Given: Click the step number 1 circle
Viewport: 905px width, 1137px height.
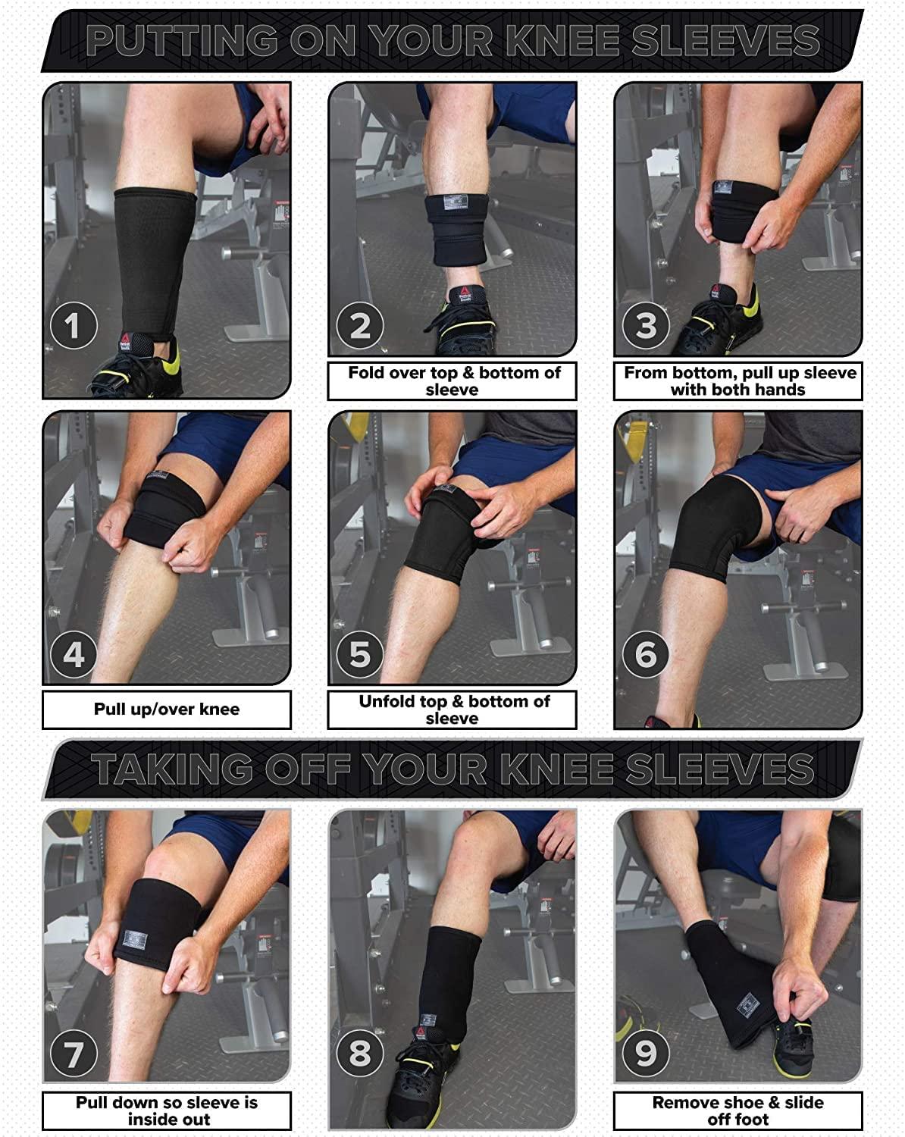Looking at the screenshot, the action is pyautogui.click(x=74, y=325).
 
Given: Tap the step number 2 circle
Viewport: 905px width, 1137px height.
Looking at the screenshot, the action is pyautogui.click(x=360, y=325).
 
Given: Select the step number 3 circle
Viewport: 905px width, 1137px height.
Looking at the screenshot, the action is pyautogui.click(x=646, y=325).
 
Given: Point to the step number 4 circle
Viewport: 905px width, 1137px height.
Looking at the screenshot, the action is pyautogui.click(x=74, y=655).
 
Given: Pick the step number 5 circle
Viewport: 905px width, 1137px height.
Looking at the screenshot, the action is pyautogui.click(x=360, y=655).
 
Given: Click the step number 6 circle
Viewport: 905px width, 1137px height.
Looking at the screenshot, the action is pyautogui.click(x=646, y=655).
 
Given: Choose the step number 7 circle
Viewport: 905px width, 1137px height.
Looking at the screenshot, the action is pyautogui.click(x=74, y=1053).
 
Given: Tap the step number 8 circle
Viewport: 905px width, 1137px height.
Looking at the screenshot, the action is pyautogui.click(x=360, y=1053).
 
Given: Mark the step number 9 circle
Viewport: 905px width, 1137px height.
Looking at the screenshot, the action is pyautogui.click(x=646, y=1053).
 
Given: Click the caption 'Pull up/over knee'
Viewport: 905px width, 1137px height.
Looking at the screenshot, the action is pyautogui.click(x=167, y=709).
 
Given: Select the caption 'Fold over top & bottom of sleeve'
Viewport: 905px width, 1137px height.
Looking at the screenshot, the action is pyautogui.click(x=454, y=381).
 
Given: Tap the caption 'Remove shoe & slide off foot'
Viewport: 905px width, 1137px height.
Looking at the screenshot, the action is pyautogui.click(x=738, y=1110).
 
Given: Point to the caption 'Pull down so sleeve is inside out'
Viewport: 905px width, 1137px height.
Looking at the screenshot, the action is pyautogui.click(x=167, y=1110).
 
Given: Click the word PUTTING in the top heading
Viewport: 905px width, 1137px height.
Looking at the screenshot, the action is pyautogui.click(x=181, y=40).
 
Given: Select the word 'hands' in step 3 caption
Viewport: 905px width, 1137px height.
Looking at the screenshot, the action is pyautogui.click(x=780, y=390).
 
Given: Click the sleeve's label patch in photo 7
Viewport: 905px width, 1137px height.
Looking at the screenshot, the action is pyautogui.click(x=135, y=939).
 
